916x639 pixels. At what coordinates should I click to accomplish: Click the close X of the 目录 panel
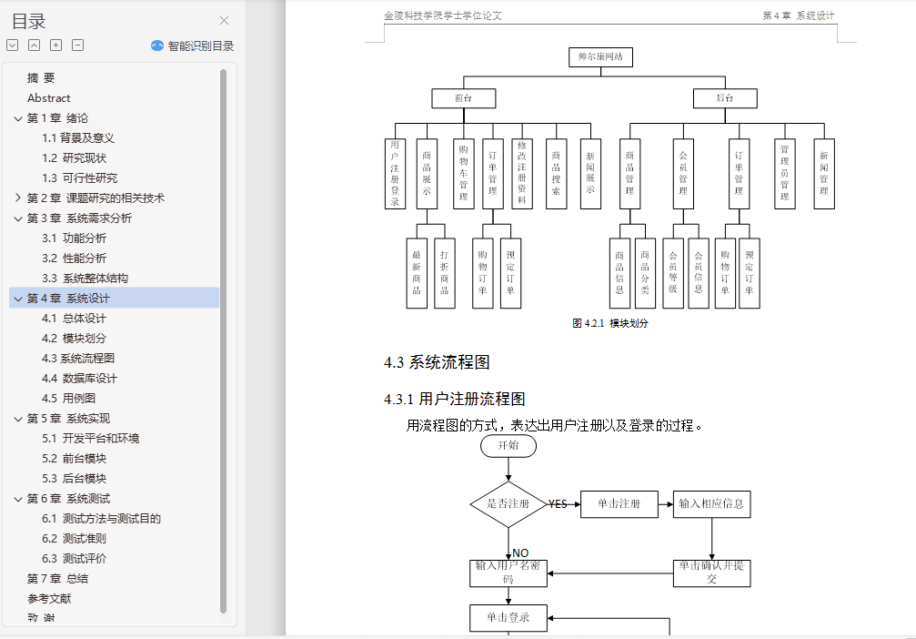click(225, 21)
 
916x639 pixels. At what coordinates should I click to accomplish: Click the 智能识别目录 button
click(193, 46)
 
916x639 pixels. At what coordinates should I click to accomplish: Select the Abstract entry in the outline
click(49, 98)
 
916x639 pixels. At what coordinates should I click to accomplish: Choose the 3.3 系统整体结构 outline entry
click(85, 279)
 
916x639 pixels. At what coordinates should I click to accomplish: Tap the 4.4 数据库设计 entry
click(79, 379)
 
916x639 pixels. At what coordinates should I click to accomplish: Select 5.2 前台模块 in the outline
click(74, 459)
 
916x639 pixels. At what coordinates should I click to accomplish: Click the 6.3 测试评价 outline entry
click(74, 559)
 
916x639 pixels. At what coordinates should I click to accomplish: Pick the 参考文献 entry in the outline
click(49, 599)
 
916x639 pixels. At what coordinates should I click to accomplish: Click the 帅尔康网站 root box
click(600, 57)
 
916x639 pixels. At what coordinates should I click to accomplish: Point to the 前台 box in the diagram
click(464, 98)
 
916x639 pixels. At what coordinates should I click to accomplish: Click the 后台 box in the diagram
click(724, 98)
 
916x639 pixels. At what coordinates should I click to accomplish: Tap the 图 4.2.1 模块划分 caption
click(610, 323)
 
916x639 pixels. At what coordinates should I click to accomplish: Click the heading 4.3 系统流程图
click(437, 362)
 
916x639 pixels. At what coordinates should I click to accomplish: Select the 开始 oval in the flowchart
click(508, 446)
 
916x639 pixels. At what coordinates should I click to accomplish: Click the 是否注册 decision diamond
click(508, 504)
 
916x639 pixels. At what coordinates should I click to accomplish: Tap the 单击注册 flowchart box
click(619, 504)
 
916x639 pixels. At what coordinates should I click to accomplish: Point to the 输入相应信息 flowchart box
click(712, 504)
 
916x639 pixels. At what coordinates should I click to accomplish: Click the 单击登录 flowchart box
click(508, 618)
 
